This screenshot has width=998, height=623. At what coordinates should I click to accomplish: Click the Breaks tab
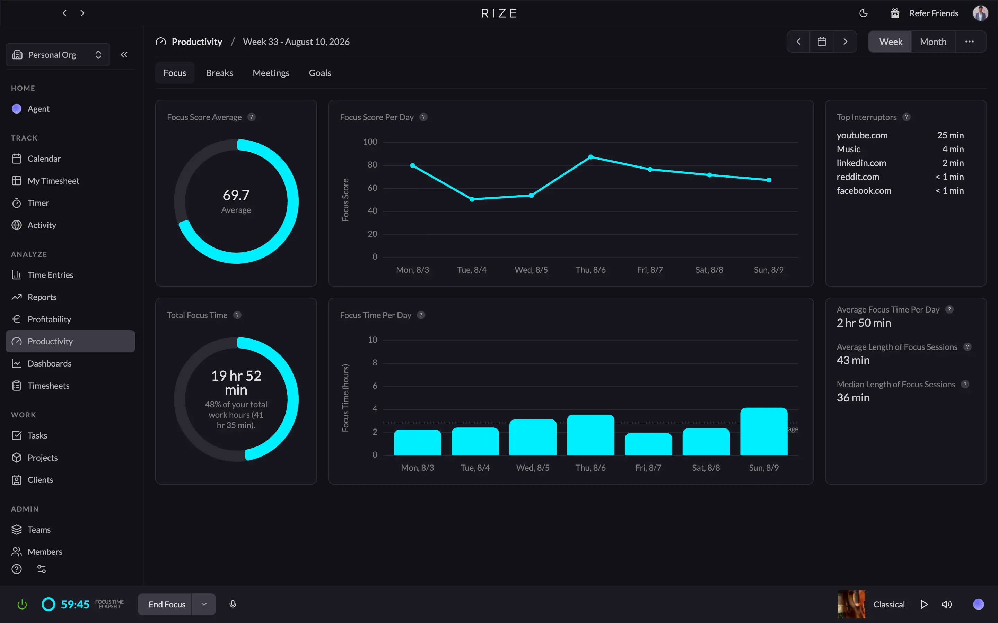coord(219,73)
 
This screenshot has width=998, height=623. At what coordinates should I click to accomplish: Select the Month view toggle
coord(933,42)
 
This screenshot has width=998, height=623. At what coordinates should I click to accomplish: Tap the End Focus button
coord(167,604)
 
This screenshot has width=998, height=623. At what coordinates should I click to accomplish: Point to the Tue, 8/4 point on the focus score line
coord(472,199)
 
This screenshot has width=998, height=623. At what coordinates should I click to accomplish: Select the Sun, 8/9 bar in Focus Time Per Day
coord(764,431)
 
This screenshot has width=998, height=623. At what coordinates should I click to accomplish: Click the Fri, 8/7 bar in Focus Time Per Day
coord(648,444)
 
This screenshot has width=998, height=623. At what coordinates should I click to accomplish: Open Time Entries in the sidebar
coord(50,275)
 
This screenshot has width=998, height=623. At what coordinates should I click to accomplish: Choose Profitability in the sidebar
coord(49,319)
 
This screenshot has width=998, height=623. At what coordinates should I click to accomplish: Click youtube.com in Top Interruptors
coord(862,135)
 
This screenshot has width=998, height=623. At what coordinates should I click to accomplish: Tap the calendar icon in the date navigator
coord(822,42)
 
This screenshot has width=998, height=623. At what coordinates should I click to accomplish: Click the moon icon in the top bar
coord(863,13)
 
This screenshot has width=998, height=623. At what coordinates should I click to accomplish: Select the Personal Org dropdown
coord(58,55)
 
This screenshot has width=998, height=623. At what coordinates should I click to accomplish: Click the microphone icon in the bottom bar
coord(233,604)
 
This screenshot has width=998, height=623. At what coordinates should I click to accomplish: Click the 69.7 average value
coord(236,195)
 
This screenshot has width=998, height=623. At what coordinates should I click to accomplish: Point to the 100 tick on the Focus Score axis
coord(370,142)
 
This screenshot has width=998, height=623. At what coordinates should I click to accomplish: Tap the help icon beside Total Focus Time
coord(237,315)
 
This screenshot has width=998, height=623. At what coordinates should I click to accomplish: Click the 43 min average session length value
coord(853,360)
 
